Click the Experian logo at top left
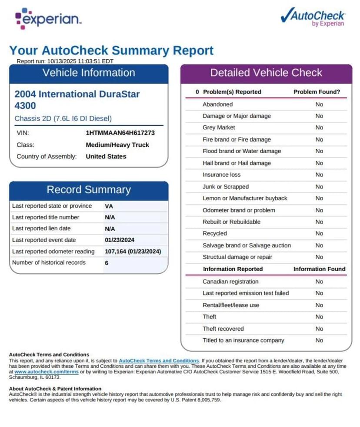click(48, 19)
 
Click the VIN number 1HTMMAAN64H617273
click(120, 133)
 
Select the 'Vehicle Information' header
click(89, 73)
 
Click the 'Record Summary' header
click(89, 190)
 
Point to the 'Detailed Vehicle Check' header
click(266, 73)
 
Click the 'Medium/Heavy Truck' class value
click(117, 145)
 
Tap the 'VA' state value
click(109, 206)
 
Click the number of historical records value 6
click(107, 263)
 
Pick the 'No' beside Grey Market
click(319, 128)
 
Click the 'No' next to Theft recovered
click(319, 329)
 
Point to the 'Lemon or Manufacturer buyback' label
click(245, 198)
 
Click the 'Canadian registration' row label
click(230, 282)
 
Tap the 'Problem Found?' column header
click(317, 92)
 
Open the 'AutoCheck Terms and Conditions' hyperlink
click(159, 361)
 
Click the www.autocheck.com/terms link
click(46, 372)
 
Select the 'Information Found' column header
click(319, 269)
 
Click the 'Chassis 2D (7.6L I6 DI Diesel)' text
click(63, 118)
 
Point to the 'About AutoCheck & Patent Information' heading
click(55, 389)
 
